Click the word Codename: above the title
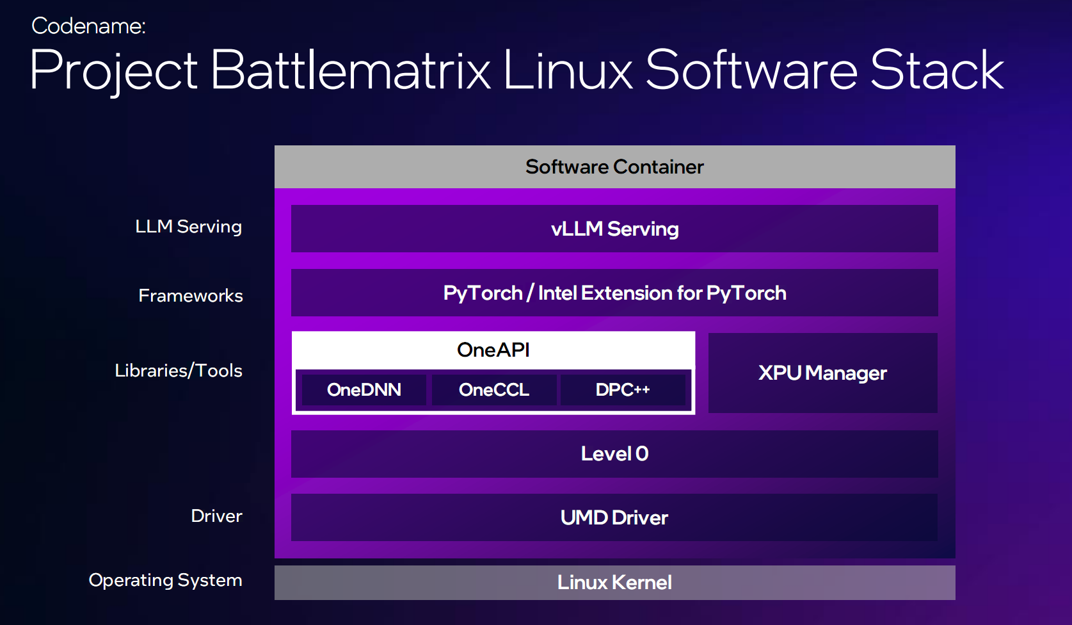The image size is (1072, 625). click(88, 26)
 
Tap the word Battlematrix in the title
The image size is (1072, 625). click(350, 70)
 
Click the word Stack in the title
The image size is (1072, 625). click(936, 70)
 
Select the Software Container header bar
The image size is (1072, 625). click(614, 166)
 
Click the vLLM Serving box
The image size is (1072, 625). click(614, 229)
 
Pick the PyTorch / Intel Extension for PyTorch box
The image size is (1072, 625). click(614, 293)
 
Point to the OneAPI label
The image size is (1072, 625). click(493, 350)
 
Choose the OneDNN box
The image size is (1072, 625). click(364, 390)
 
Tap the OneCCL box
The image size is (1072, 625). click(494, 390)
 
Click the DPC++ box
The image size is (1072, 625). click(623, 390)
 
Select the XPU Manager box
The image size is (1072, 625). click(822, 373)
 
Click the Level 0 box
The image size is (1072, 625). click(614, 454)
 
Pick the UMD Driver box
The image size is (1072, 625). click(614, 517)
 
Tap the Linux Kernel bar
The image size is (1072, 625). click(614, 582)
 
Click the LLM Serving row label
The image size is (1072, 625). click(189, 227)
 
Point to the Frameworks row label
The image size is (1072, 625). click(191, 295)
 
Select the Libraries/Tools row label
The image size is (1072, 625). click(179, 371)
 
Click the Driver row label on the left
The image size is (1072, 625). click(216, 515)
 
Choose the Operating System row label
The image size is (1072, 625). click(166, 580)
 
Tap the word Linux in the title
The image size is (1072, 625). click(568, 70)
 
